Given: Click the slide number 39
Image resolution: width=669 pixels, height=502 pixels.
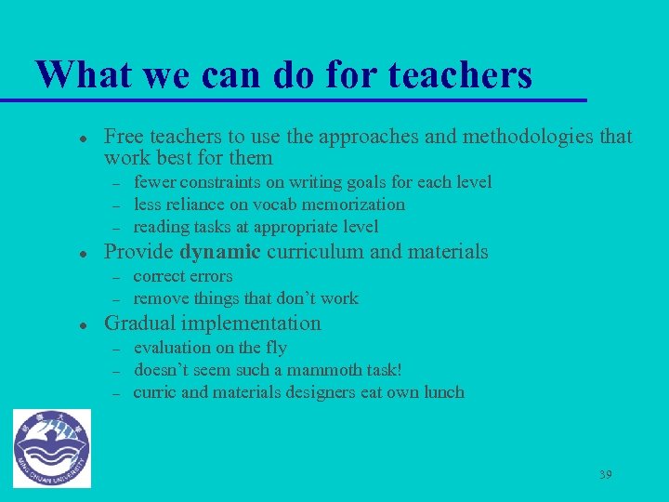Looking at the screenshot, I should coord(605,475).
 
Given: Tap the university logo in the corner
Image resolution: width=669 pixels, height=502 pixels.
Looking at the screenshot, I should coord(52,449).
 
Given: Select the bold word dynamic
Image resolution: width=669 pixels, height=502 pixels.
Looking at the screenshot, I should coord(219,252).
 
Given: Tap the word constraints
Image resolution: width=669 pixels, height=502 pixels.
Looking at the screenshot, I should coord(222,182).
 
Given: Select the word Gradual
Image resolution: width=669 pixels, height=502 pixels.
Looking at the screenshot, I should coord(140,324).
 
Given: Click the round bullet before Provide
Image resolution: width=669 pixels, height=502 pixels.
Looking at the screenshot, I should coord(83,253).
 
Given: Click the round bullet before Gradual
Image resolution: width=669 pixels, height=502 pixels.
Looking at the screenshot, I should coord(83,324).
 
